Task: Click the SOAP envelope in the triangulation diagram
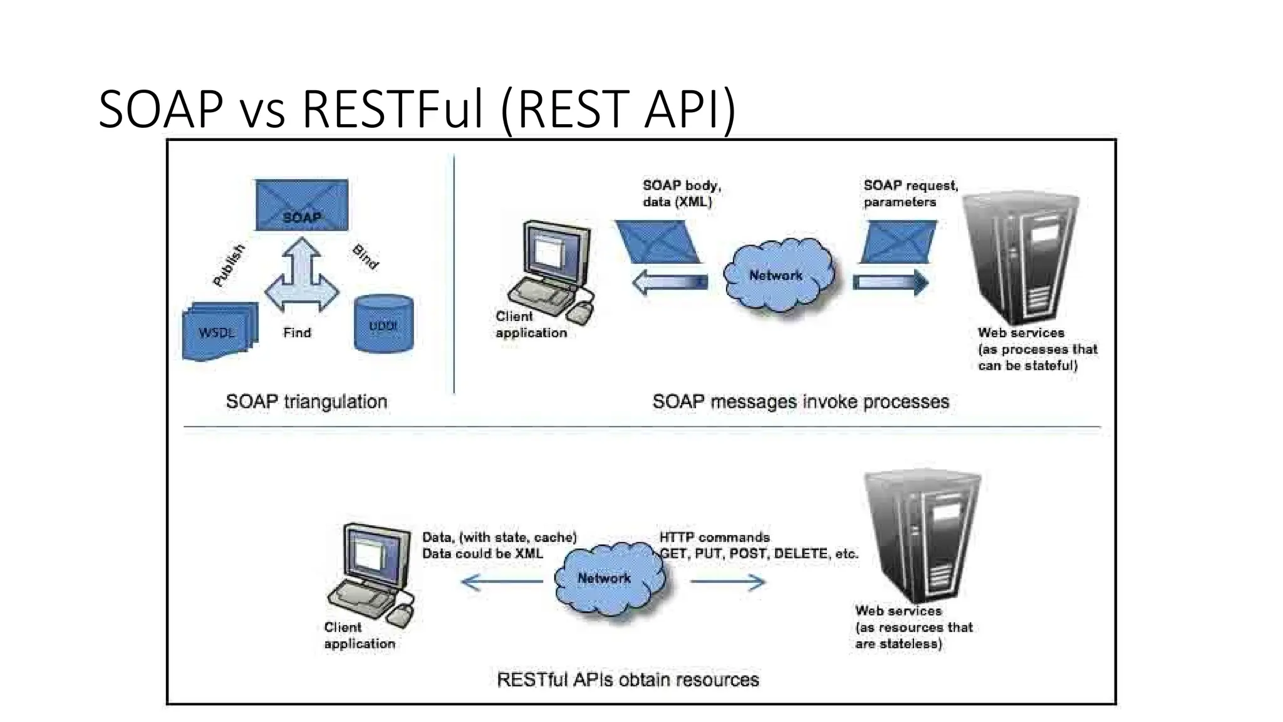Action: pos(301,205)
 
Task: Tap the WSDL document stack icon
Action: pos(219,332)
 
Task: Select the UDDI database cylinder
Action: pos(383,324)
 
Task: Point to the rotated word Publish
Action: pos(229,266)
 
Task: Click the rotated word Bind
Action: pos(366,256)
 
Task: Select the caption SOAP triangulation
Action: pos(306,402)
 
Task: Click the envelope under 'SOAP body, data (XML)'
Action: pos(657,242)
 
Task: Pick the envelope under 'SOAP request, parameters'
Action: pos(898,242)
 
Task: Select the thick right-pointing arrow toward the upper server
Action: pos(890,283)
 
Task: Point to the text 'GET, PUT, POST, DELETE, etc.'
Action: pos(759,554)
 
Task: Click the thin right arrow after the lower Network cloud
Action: pos(727,582)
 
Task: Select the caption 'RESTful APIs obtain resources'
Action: pos(628,680)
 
